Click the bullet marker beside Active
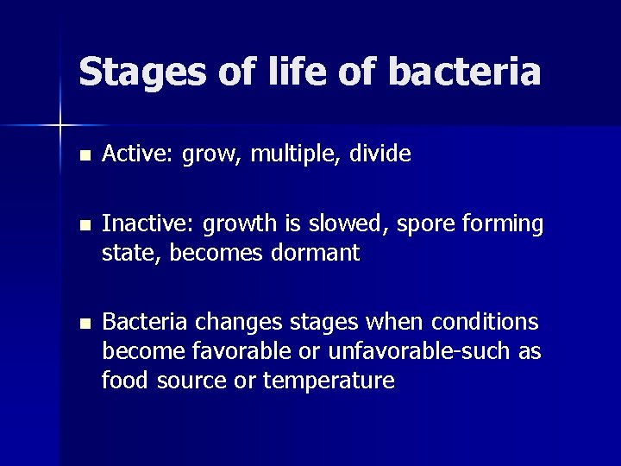pyautogui.click(x=83, y=156)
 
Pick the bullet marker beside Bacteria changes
pyautogui.click(x=83, y=324)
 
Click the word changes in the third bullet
pyautogui.click(x=235, y=324)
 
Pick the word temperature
pyautogui.click(x=329, y=381)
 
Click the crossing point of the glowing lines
pyautogui.click(x=60, y=125)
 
